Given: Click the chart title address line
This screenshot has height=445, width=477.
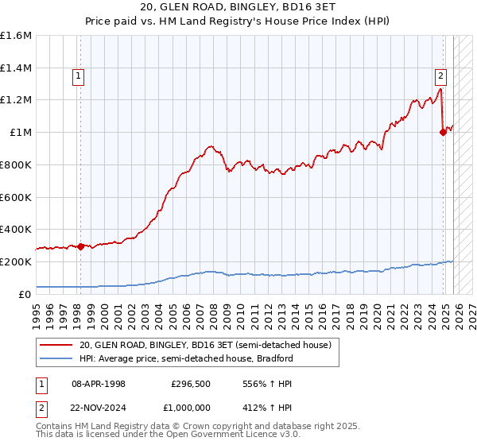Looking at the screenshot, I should pos(238,7).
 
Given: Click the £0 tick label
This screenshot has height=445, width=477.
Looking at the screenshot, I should pos(25,294).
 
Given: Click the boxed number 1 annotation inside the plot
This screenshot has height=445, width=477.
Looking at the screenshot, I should pos(79,76).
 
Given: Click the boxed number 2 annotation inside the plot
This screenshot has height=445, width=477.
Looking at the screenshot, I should pos(440,76).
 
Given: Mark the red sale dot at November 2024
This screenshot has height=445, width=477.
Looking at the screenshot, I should pos(443,133).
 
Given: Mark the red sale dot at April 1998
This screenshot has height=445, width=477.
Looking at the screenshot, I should pos(80,246).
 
